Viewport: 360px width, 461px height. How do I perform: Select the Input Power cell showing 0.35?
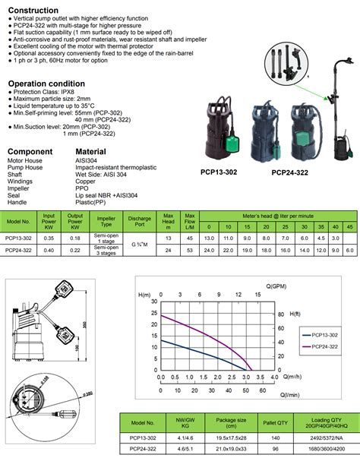coord(48,217)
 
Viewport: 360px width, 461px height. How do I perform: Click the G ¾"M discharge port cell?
coord(140,223)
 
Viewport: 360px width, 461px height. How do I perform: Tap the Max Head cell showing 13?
coord(169,217)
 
